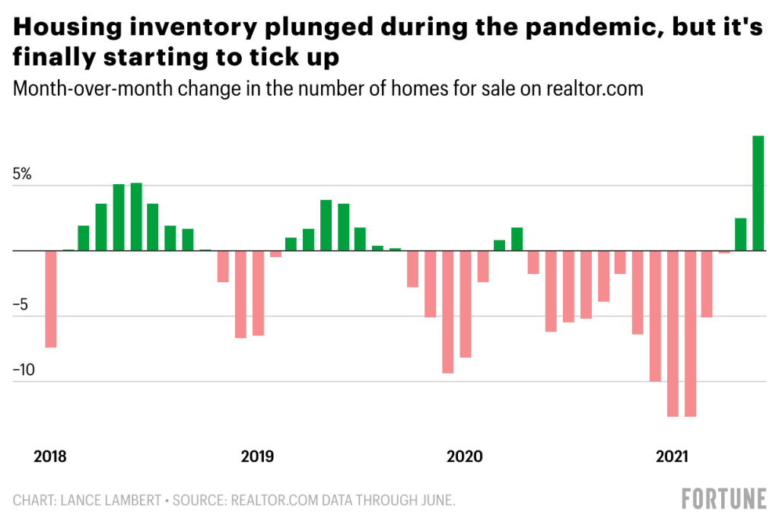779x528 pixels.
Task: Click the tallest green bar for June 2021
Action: pos(758,193)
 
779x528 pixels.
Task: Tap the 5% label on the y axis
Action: pos(22,174)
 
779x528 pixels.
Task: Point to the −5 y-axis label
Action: pos(22,305)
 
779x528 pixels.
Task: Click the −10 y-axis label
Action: pos(25,371)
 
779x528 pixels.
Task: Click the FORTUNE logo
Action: pos(723,500)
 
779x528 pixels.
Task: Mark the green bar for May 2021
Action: pos(740,234)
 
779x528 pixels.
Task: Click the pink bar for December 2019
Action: pos(448,312)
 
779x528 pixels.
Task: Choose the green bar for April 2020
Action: pos(517,239)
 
